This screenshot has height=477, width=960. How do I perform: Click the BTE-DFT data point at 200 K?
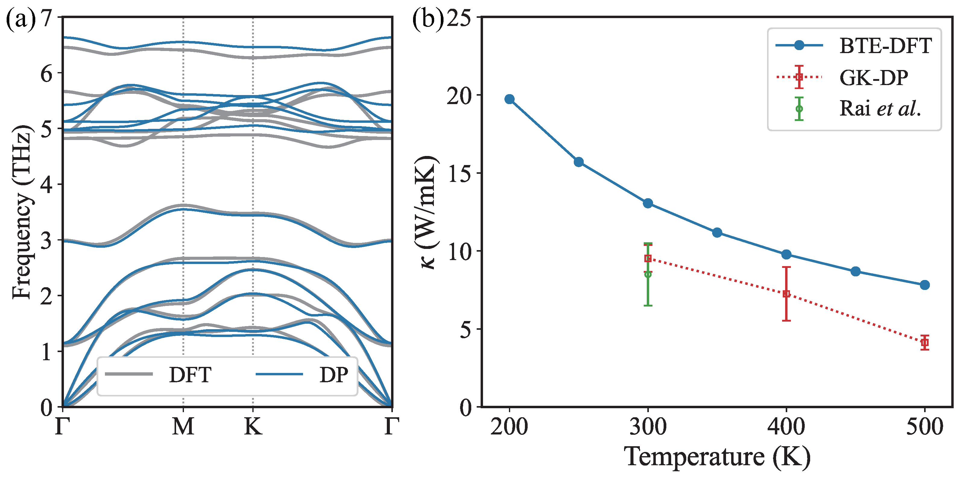coord(510,99)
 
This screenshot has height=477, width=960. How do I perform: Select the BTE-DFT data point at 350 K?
coord(717,233)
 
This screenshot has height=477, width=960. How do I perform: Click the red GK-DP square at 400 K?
coord(786,294)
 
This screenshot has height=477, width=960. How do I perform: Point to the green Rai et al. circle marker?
coord(648,274)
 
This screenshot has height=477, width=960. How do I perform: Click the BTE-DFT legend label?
coord(886,46)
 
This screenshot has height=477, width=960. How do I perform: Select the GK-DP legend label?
coord(873,78)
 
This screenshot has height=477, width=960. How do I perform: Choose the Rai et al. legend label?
coord(880,109)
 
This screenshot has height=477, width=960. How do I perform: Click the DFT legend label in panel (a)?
coord(190,375)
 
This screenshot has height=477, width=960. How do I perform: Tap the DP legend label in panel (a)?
coord(334,375)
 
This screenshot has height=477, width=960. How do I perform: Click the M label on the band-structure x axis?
coord(183,426)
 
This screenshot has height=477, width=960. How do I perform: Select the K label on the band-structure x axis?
coord(253,426)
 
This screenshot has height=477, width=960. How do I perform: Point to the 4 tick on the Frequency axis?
coord(47,184)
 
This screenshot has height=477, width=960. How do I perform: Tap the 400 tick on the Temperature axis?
coord(786,427)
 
